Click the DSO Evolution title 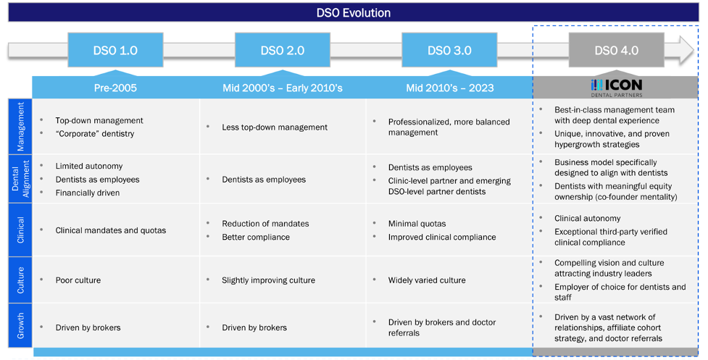354,12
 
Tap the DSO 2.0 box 283,51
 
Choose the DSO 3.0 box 449,51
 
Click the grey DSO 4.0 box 616,51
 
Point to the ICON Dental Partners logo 616,87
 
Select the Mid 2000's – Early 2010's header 283,88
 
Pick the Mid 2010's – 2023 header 450,88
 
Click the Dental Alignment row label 20,179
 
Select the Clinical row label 20,230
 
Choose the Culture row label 20,280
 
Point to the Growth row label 20,326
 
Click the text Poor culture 78,280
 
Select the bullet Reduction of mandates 265,223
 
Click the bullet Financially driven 88,193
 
